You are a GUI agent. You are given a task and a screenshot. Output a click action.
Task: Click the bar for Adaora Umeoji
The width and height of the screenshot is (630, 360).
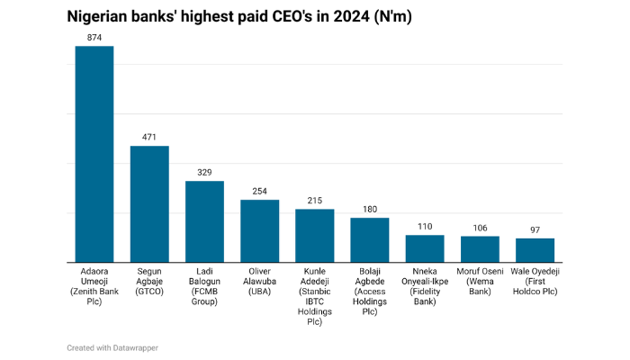click(94, 154)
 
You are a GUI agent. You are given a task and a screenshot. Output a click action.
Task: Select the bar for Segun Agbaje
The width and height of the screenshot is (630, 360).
click(149, 203)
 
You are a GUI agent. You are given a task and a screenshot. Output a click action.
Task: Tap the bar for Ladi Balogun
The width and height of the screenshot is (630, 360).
click(204, 221)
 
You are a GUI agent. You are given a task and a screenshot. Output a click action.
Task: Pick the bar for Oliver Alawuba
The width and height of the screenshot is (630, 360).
click(259, 230)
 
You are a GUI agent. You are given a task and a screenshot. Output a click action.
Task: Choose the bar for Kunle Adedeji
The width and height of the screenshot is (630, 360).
click(315, 235)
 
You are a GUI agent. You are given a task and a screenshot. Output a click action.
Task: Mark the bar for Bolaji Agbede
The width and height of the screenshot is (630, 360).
click(370, 239)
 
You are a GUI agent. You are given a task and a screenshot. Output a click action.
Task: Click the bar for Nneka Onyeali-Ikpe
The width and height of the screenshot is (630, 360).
click(425, 248)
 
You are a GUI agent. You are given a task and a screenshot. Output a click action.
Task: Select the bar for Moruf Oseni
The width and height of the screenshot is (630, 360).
click(480, 248)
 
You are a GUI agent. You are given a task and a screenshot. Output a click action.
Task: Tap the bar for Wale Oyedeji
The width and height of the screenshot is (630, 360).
click(535, 249)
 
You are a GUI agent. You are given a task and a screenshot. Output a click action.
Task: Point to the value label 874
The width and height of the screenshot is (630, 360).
click(94, 38)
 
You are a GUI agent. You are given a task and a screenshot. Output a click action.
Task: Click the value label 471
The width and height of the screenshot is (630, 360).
click(149, 138)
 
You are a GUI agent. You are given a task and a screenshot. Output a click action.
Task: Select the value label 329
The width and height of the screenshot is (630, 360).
click(204, 173)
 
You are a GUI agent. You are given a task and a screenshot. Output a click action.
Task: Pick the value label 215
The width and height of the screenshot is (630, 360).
click(315, 201)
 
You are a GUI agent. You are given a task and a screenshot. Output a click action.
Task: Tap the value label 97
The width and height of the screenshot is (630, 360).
click(535, 230)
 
